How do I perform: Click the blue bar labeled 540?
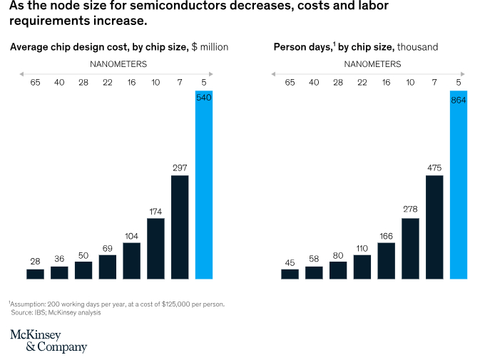(x=203, y=185)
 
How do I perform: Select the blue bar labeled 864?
(x=458, y=185)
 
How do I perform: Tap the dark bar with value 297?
(x=180, y=227)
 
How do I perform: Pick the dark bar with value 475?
(x=434, y=227)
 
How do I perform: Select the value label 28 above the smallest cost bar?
(x=35, y=262)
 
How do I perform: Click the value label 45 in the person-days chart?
(x=290, y=262)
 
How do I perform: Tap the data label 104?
(x=131, y=235)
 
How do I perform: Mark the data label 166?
(x=386, y=235)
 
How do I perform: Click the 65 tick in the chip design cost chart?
(x=35, y=83)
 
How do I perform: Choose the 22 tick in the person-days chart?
(x=362, y=83)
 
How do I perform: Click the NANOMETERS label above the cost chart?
(x=118, y=64)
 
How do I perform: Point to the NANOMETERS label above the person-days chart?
(x=372, y=64)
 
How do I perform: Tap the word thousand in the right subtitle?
(x=417, y=47)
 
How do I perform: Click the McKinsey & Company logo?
(x=48, y=341)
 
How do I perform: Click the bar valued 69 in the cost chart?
(x=108, y=267)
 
